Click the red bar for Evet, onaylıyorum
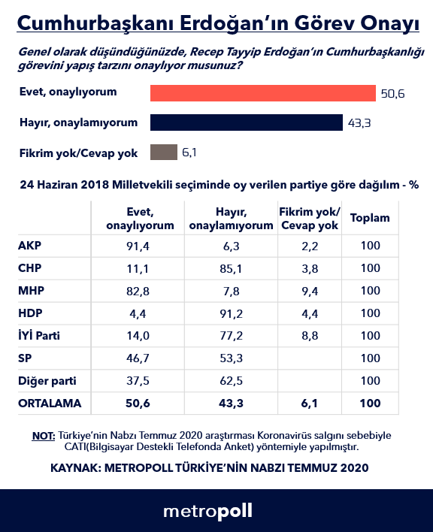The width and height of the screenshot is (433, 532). coord(263,92)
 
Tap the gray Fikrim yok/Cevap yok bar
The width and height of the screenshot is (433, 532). coord(164,153)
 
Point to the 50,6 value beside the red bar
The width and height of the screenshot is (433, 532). coord(392,93)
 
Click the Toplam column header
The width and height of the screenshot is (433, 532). coord(370,219)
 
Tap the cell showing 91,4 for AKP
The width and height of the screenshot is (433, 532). coord(139,246)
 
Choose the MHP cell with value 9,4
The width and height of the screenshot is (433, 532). coord(309,291)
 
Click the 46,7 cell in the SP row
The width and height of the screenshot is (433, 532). coord(139,358)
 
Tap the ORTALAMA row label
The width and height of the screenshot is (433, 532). coord(50,404)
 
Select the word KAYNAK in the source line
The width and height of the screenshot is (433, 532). coord(75,467)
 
